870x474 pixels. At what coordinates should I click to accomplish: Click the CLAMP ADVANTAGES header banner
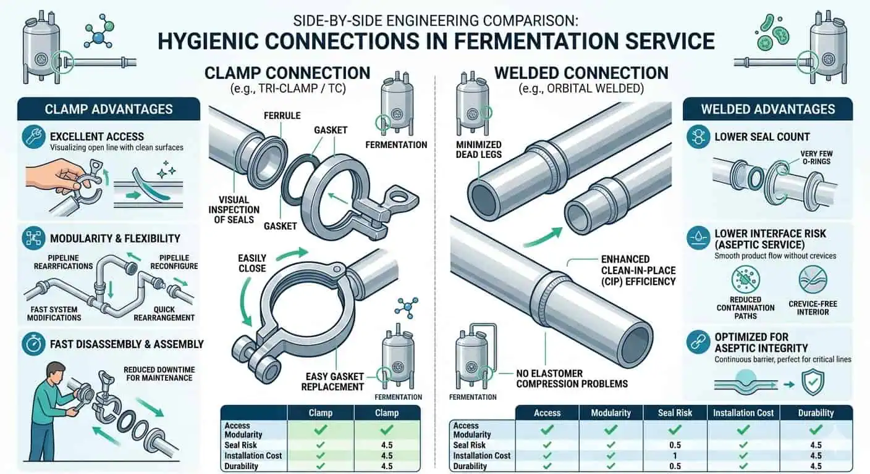click(108, 109)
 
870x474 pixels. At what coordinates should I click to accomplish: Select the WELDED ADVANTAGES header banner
click(767, 109)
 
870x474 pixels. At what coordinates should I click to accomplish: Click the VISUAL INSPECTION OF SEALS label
click(234, 210)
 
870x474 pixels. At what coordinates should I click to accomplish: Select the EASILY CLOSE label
click(252, 263)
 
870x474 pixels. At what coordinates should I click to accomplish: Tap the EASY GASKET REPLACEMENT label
click(332, 381)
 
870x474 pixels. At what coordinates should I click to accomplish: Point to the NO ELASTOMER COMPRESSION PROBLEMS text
click(572, 378)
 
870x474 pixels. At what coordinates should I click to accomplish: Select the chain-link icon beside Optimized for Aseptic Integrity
click(699, 341)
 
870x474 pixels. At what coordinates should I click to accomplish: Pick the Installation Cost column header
click(743, 413)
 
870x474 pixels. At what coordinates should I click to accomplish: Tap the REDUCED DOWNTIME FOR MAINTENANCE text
click(159, 373)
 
